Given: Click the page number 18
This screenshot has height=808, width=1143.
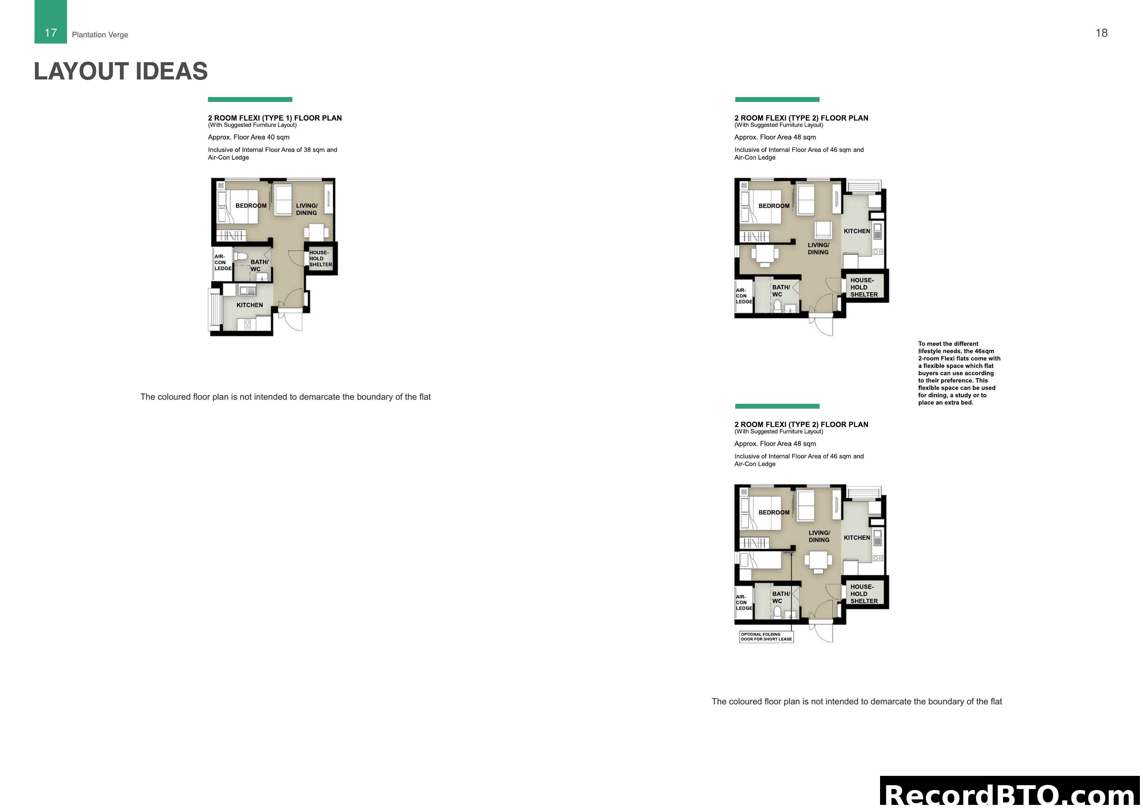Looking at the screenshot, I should tap(1101, 33).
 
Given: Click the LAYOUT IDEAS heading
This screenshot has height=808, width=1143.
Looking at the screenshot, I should tap(121, 71).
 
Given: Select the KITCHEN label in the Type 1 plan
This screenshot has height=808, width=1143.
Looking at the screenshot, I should tap(249, 305).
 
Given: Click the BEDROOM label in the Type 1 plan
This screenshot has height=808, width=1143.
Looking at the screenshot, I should tap(251, 206).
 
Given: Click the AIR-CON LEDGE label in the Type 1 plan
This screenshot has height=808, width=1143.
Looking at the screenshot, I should tap(223, 262).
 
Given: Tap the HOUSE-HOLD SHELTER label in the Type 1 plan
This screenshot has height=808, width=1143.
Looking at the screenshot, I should tap(320, 258).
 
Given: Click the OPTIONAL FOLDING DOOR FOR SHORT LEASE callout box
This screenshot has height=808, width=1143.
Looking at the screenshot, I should tap(766, 637).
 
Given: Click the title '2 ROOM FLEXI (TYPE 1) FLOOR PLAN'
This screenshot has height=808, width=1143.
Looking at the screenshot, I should tap(275, 118).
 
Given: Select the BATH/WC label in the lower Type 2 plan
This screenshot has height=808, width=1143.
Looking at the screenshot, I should tap(780, 597).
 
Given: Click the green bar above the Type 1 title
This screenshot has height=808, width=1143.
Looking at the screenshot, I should tap(250, 99).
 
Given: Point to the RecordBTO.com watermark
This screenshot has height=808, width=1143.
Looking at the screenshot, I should tap(1011, 794).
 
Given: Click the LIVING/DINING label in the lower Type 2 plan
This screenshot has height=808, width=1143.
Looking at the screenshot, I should tap(819, 536).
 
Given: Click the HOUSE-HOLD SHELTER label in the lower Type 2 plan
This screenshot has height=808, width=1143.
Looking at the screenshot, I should tap(864, 594).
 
